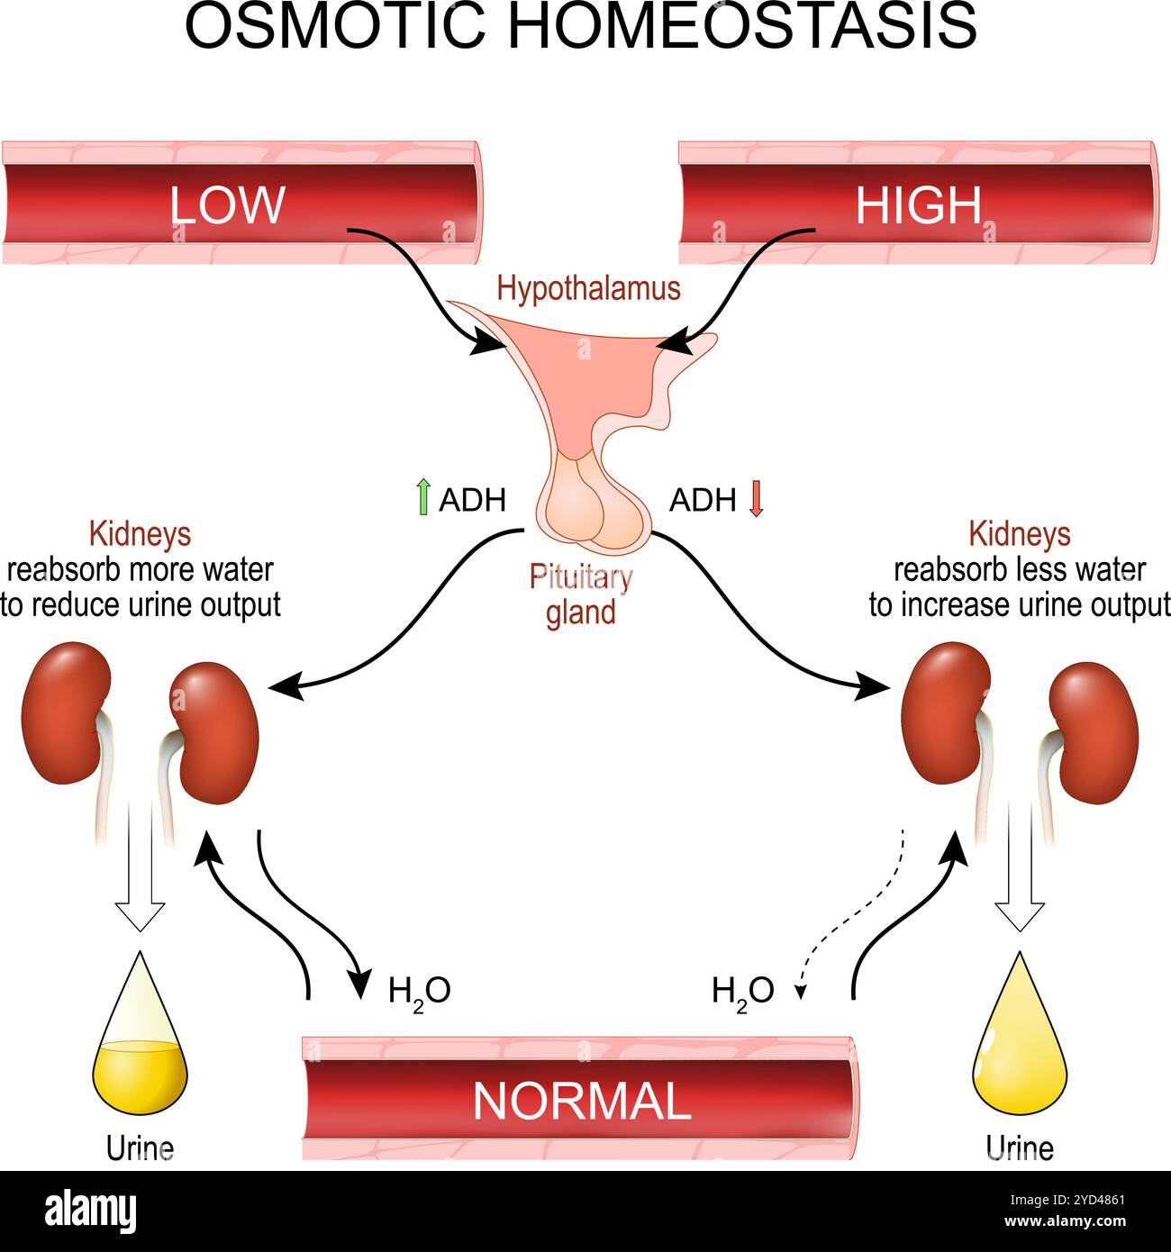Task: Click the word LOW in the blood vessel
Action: [x=227, y=205]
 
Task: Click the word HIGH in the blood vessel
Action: [x=918, y=205]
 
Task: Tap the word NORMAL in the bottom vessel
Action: [x=581, y=1100]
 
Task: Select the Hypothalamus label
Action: [x=588, y=289]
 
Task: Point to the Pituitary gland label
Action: [x=580, y=594]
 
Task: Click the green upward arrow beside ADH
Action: [x=422, y=498]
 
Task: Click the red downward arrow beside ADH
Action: [x=756, y=498]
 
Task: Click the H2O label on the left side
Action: [x=419, y=991]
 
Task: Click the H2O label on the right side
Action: [x=742, y=991]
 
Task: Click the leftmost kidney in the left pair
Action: [x=65, y=712]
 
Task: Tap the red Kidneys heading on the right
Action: [x=1019, y=534]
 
